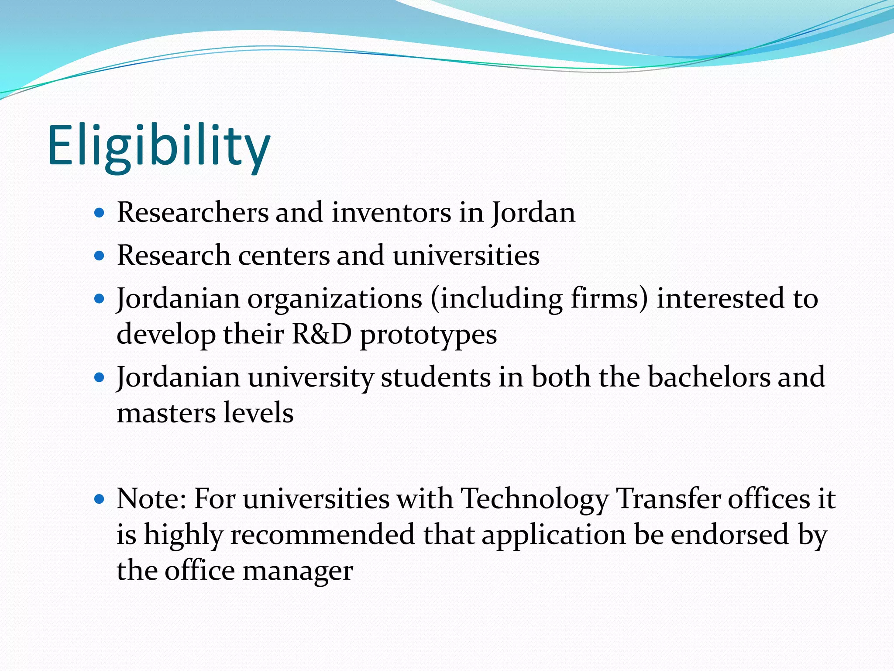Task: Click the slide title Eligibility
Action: click(159, 146)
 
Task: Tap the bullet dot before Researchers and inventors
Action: click(100, 213)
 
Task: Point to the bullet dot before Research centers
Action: click(100, 256)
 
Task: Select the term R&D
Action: click(321, 335)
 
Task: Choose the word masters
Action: click(166, 413)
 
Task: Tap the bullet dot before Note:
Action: click(100, 499)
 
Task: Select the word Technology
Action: click(535, 500)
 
